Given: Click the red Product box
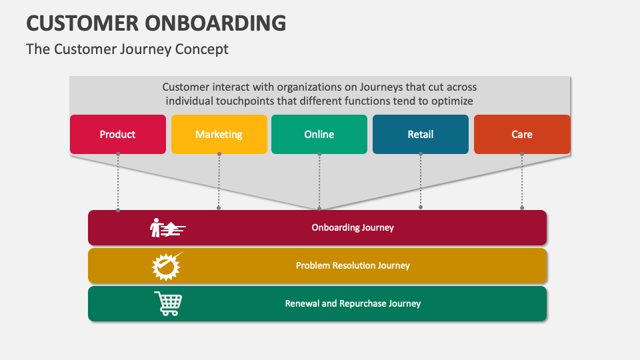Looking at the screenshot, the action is pyautogui.click(x=118, y=134).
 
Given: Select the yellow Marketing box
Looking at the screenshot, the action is pyautogui.click(x=219, y=134).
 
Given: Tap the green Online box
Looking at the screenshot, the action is pyautogui.click(x=319, y=134).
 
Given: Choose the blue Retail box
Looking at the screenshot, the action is pyautogui.click(x=421, y=134).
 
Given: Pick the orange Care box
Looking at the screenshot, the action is pyautogui.click(x=522, y=134).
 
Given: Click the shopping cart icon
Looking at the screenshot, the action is pyautogui.click(x=168, y=303).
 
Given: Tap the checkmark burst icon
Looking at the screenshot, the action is pyautogui.click(x=167, y=266).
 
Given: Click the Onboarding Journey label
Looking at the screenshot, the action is pyautogui.click(x=353, y=227).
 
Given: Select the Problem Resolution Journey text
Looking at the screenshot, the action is pyautogui.click(x=353, y=265).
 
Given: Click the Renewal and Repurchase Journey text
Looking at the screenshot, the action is pyautogui.click(x=353, y=303).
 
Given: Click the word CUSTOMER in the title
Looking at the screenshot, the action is pyautogui.click(x=82, y=23).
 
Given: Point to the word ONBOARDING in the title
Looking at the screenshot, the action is pyautogui.click(x=215, y=23).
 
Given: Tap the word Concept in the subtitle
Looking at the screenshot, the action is pyautogui.click(x=201, y=49).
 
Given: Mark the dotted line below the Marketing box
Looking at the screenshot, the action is pyautogui.click(x=219, y=181).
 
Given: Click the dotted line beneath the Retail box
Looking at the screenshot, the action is pyautogui.click(x=421, y=181).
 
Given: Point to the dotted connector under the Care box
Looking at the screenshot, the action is pyautogui.click(x=522, y=181).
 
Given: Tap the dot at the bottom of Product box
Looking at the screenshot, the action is pyautogui.click(x=118, y=154).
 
